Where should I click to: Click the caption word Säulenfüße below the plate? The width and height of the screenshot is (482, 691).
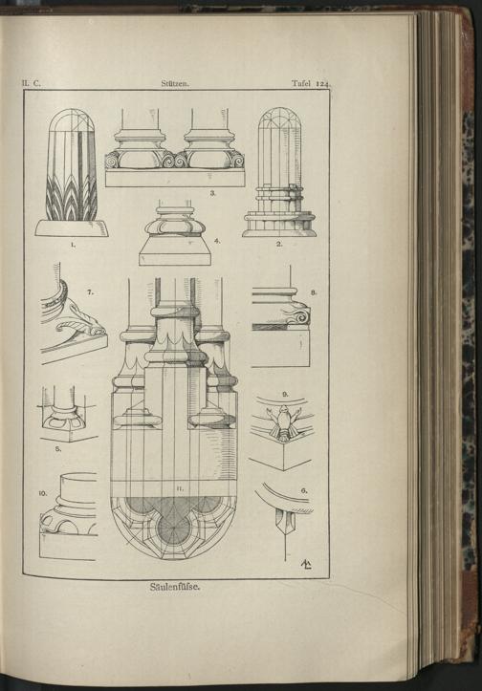175,587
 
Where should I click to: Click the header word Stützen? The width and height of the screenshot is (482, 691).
175,83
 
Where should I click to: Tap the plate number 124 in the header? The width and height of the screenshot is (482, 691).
322,83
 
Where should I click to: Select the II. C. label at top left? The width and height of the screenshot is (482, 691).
31,83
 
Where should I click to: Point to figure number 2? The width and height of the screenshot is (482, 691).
278,244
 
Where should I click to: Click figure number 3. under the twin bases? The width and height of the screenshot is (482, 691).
212,192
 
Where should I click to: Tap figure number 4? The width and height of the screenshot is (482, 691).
216,241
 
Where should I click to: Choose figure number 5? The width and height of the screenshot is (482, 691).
57,449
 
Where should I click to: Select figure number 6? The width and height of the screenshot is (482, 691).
304,490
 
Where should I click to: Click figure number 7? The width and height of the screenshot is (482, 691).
91,292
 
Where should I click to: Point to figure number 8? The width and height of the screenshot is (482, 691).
314,292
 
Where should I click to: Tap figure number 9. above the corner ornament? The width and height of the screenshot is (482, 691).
285,394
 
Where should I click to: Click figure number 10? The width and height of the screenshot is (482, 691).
43,494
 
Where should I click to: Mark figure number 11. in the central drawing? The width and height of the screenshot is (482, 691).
179,488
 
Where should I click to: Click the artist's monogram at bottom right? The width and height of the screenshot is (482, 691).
306,564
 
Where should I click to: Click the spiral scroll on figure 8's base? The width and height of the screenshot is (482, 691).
300,316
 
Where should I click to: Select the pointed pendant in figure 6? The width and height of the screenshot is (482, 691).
284,523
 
